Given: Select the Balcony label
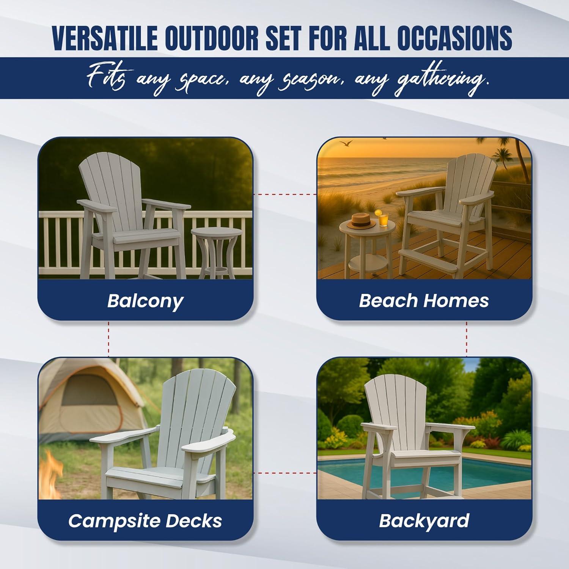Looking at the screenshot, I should [x=145, y=301].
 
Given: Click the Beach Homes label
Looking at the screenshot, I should [x=424, y=301].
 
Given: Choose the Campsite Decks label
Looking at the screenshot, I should [x=145, y=521].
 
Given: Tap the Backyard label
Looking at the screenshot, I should [x=424, y=521].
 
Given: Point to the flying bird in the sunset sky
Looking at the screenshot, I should [x=346, y=143].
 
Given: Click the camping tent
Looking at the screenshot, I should [x=87, y=402].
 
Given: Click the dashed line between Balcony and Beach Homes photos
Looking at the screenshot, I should [x=285, y=194].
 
